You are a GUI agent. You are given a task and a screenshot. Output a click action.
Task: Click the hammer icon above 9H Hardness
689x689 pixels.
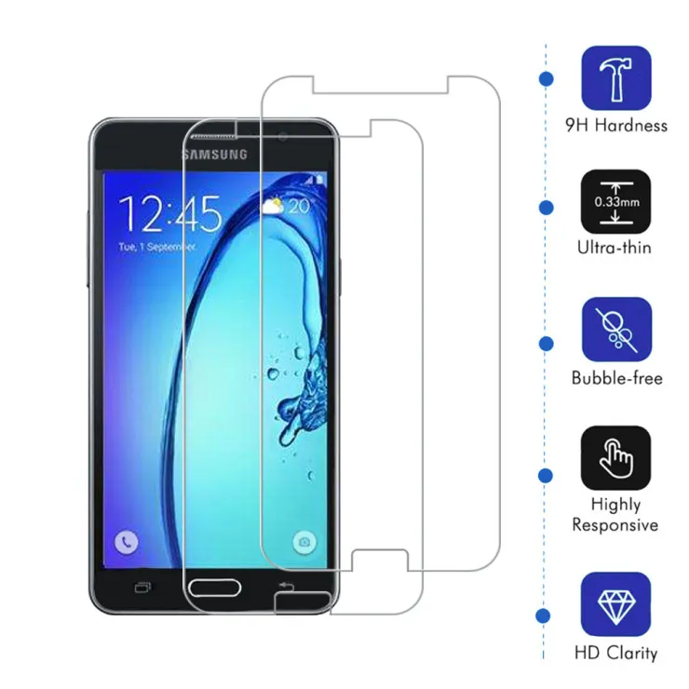click(616, 78)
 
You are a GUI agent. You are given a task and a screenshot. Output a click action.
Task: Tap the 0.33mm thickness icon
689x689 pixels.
click(615, 202)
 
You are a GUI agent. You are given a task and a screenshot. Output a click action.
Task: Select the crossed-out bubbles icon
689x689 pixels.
click(616, 330)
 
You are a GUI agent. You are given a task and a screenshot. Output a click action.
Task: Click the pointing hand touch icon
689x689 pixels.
click(615, 458)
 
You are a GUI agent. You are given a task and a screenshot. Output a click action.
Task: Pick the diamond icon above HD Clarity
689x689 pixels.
click(615, 604)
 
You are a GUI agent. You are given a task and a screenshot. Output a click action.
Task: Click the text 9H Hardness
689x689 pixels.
click(616, 126)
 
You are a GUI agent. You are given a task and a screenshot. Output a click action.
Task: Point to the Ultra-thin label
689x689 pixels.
click(615, 248)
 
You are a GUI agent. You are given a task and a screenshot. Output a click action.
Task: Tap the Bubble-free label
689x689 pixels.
click(617, 378)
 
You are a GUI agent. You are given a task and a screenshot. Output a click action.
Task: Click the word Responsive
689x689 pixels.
click(615, 524)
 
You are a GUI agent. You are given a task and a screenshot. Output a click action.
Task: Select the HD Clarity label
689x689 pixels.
click(616, 653)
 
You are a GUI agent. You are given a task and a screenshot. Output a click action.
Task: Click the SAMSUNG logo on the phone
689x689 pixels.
click(215, 155)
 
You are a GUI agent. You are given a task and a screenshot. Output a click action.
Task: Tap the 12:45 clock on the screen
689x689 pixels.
click(170, 213)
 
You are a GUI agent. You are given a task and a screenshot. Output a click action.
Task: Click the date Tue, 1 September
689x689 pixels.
click(156, 247)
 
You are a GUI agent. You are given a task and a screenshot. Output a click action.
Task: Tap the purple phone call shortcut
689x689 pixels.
click(127, 542)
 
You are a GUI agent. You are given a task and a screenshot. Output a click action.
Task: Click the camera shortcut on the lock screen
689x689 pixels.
click(304, 542)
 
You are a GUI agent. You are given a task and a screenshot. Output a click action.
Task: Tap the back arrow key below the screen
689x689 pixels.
click(286, 587)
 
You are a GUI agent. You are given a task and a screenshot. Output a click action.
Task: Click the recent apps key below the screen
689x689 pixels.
click(142, 588)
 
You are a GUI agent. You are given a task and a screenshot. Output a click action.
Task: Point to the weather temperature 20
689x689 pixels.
click(299, 206)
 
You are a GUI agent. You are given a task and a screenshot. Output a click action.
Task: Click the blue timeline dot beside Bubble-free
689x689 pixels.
click(546, 344)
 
